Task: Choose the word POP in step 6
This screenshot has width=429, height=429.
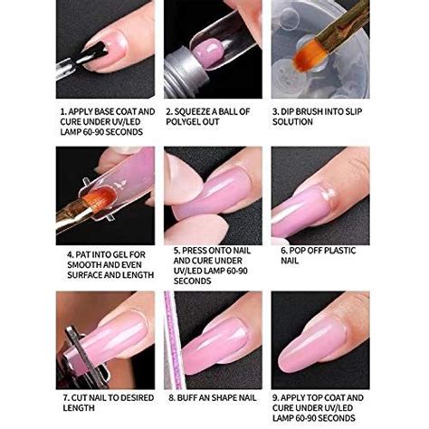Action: pos(299,254)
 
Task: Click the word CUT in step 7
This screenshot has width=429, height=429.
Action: pos(77,397)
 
